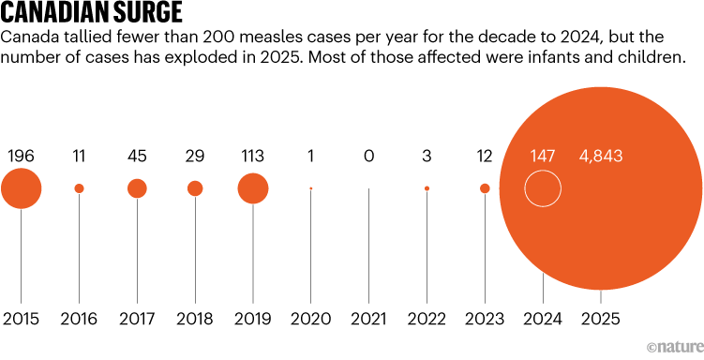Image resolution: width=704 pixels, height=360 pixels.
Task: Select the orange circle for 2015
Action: point(22,188)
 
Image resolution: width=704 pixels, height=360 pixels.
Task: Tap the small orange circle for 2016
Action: point(79,188)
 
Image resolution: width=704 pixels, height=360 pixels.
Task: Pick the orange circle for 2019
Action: point(253,188)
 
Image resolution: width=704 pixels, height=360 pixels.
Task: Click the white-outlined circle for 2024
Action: point(543,188)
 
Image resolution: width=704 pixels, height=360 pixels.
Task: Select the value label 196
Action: point(22,155)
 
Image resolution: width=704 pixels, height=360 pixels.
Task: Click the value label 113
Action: point(253,155)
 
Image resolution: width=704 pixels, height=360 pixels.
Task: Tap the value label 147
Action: point(543,155)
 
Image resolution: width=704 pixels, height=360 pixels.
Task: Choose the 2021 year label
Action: point(368,319)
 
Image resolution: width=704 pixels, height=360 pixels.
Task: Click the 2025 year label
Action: point(601,319)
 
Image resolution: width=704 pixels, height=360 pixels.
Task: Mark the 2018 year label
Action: point(195,319)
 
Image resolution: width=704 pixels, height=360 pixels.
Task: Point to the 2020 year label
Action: point(310,319)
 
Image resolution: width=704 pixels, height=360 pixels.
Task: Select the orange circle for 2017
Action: point(137,188)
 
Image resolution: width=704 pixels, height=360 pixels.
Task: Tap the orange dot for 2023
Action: point(485,188)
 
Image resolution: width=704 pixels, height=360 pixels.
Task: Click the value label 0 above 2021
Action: point(368,155)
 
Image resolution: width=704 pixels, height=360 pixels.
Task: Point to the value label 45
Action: point(137,155)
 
